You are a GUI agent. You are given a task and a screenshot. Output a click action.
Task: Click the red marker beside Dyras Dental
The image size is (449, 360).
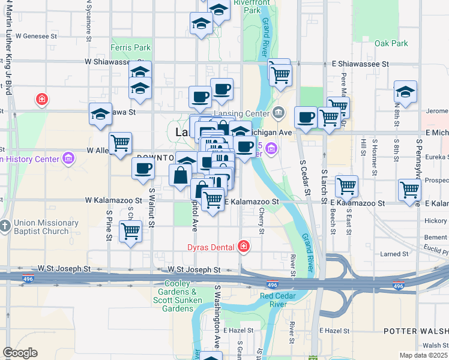click(x=243, y=245)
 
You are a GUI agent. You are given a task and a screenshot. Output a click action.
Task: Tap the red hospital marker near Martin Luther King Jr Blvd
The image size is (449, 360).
click(x=41, y=99)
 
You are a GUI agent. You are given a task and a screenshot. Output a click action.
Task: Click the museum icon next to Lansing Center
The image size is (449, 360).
click(x=279, y=112)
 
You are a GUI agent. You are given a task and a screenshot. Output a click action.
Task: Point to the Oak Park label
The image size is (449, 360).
click(x=391, y=43)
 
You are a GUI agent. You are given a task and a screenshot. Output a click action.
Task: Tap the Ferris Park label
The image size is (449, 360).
click(x=130, y=47)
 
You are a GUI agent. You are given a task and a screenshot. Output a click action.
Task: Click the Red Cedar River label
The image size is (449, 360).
click(x=284, y=300)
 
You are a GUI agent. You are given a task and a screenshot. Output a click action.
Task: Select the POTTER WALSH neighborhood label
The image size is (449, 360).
click(x=414, y=331)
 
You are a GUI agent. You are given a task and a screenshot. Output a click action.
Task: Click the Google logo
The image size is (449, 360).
click(x=20, y=353)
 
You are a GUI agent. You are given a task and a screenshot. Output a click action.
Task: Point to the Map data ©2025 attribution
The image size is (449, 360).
click(x=423, y=355)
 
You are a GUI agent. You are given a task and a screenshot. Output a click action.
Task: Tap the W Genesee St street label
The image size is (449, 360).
click(x=36, y=36)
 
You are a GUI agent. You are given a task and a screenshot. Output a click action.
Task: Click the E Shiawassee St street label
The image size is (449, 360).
click(x=360, y=64)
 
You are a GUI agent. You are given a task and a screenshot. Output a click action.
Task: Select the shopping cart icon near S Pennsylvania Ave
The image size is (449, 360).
click(x=409, y=190)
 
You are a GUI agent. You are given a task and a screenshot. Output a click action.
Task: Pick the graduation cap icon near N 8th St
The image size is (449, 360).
click(x=405, y=92)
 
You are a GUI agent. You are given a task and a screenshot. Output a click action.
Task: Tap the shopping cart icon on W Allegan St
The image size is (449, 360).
click(x=121, y=143)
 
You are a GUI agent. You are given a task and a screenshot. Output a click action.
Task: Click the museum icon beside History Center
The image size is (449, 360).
click(x=68, y=159)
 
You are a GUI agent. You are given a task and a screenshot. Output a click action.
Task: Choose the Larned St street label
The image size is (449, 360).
click(x=394, y=254)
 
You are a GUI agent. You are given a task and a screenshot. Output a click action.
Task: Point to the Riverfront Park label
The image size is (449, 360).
click(x=247, y=7)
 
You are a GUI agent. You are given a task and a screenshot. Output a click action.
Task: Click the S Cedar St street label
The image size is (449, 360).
click(x=306, y=177)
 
